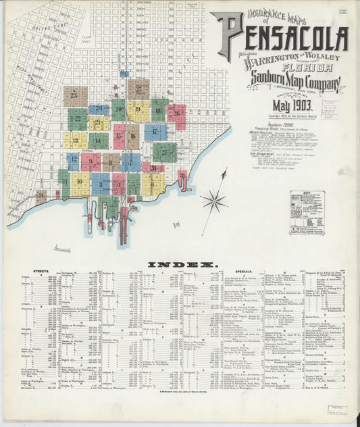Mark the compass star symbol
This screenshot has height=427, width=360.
point(215,199)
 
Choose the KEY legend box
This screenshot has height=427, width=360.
point(307,212)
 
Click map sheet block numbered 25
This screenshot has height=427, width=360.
point(138,89)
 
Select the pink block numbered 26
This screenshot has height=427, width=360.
point(177,114)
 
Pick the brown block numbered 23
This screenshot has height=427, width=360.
point(75,96)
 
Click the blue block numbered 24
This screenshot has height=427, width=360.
point(99,109)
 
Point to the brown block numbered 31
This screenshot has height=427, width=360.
point(42,197)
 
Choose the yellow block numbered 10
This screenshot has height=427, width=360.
point(80,182)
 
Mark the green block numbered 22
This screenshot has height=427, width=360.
point(78,119)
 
